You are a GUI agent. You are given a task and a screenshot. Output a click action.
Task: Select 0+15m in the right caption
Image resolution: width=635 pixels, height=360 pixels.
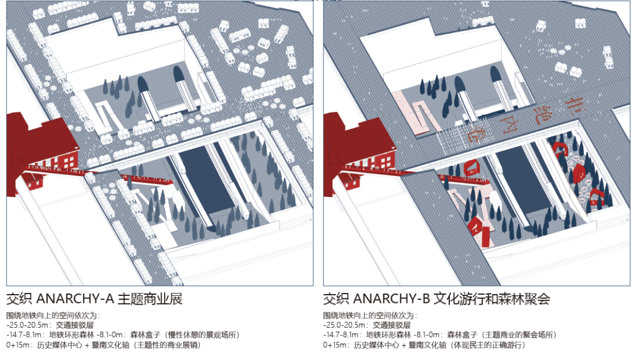pyautogui.click(x=336, y=345)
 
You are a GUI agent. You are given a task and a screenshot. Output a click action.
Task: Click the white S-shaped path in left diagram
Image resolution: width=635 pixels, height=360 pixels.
pyautogui.click(x=109, y=115)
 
